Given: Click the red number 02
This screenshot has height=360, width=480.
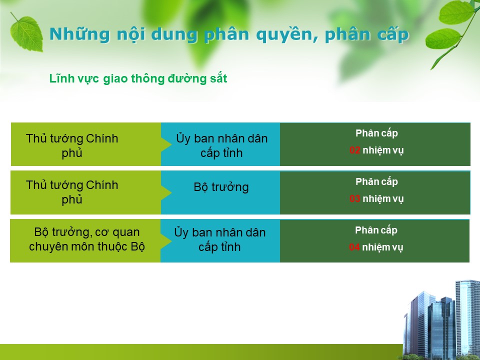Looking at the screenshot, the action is [x=355, y=150].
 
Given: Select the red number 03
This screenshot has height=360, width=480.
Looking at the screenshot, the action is [x=355, y=198].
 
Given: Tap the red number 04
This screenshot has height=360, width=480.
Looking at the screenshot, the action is [x=354, y=247].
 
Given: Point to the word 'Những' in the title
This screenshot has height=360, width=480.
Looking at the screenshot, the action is [x=79, y=34].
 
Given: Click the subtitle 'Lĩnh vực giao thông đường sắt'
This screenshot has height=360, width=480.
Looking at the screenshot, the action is [x=138, y=78].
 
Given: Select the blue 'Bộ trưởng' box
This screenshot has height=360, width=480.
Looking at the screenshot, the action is [x=220, y=192].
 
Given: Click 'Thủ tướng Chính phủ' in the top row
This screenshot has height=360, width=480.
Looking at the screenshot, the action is [x=72, y=145].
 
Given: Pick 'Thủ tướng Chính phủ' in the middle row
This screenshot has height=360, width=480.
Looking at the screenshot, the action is [x=72, y=192].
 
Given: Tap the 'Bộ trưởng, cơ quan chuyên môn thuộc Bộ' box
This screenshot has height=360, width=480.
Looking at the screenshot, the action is [x=85, y=241].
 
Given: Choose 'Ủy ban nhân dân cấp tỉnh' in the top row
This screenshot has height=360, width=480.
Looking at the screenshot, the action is [x=221, y=145].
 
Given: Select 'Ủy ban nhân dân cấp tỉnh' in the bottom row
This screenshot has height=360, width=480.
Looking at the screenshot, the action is [x=220, y=239].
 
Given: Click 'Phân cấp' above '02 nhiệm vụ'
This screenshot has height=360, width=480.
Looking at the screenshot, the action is [x=376, y=133].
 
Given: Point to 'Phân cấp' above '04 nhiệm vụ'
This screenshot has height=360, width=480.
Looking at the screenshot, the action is [x=376, y=230].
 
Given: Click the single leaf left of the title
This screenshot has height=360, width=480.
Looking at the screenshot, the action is [x=26, y=32].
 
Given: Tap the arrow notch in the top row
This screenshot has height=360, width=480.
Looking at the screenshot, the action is [x=166, y=144].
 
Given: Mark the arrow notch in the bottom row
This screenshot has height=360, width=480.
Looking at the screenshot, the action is [x=165, y=240].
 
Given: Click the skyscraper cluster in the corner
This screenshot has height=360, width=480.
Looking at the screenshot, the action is [x=441, y=320].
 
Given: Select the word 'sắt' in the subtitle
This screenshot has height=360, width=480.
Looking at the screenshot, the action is [x=218, y=78].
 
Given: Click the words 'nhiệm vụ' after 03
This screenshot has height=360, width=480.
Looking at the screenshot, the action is [x=383, y=199].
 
